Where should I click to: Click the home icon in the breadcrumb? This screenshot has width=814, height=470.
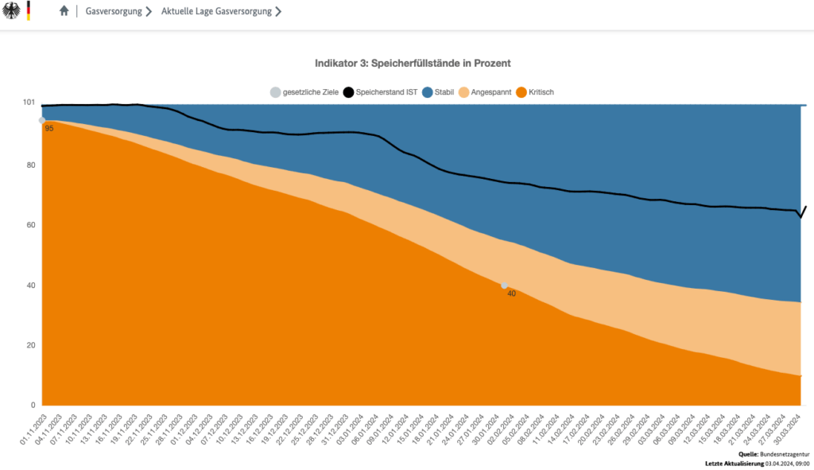point(64,12)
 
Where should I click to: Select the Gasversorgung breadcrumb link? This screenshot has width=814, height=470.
point(114,12)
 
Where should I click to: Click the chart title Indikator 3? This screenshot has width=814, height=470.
point(412,62)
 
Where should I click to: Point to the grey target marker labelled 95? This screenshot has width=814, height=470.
point(42,121)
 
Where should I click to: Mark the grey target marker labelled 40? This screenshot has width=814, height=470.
point(504,285)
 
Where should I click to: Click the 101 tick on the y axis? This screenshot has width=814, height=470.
point(29,103)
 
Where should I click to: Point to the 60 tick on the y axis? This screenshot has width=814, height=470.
point(30,226)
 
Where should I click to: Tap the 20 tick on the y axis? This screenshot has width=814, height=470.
point(30,345)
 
